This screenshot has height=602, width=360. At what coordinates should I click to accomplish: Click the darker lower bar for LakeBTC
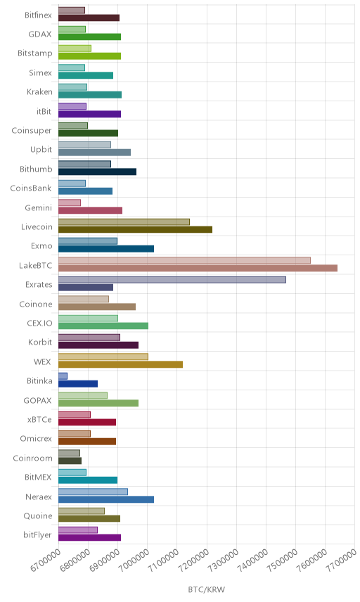click(x=198, y=268)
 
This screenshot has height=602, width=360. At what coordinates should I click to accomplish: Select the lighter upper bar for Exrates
click(x=172, y=280)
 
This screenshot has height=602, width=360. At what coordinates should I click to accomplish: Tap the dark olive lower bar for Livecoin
click(x=135, y=229)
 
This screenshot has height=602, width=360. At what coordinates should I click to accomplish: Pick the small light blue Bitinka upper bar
click(x=63, y=376)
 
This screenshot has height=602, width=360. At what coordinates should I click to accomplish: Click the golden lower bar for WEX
click(x=120, y=364)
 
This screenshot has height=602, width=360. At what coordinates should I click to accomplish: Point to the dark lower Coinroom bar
click(x=70, y=461)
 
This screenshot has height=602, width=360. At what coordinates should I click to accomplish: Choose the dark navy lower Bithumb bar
click(x=97, y=172)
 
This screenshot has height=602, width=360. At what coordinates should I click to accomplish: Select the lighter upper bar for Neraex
click(x=93, y=492)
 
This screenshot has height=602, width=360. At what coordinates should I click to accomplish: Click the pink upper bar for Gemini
click(x=70, y=203)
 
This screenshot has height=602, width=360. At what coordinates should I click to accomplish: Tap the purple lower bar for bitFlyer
click(x=89, y=537)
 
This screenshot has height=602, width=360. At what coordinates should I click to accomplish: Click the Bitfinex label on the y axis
click(x=38, y=15)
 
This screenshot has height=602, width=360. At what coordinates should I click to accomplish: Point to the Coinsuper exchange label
click(x=32, y=131)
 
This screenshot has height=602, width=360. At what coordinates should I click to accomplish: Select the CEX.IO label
click(x=39, y=324)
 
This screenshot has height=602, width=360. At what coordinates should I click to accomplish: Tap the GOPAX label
click(x=37, y=400)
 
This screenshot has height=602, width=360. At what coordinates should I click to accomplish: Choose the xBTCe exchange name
click(x=39, y=420)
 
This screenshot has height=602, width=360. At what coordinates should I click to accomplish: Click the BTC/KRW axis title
click(x=207, y=589)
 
